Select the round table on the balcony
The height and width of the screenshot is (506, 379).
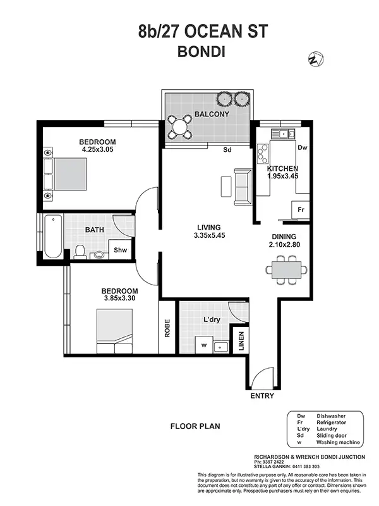[181, 125]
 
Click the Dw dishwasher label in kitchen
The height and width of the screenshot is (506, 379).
[302, 147]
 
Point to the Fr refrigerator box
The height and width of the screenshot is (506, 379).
[301, 209]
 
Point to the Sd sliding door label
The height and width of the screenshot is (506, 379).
[227, 151]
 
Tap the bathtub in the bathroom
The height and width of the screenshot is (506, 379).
[53, 236]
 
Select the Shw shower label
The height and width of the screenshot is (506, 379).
[120, 250]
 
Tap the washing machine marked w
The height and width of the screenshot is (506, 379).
[204, 346]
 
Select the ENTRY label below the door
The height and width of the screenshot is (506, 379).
[262, 396]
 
